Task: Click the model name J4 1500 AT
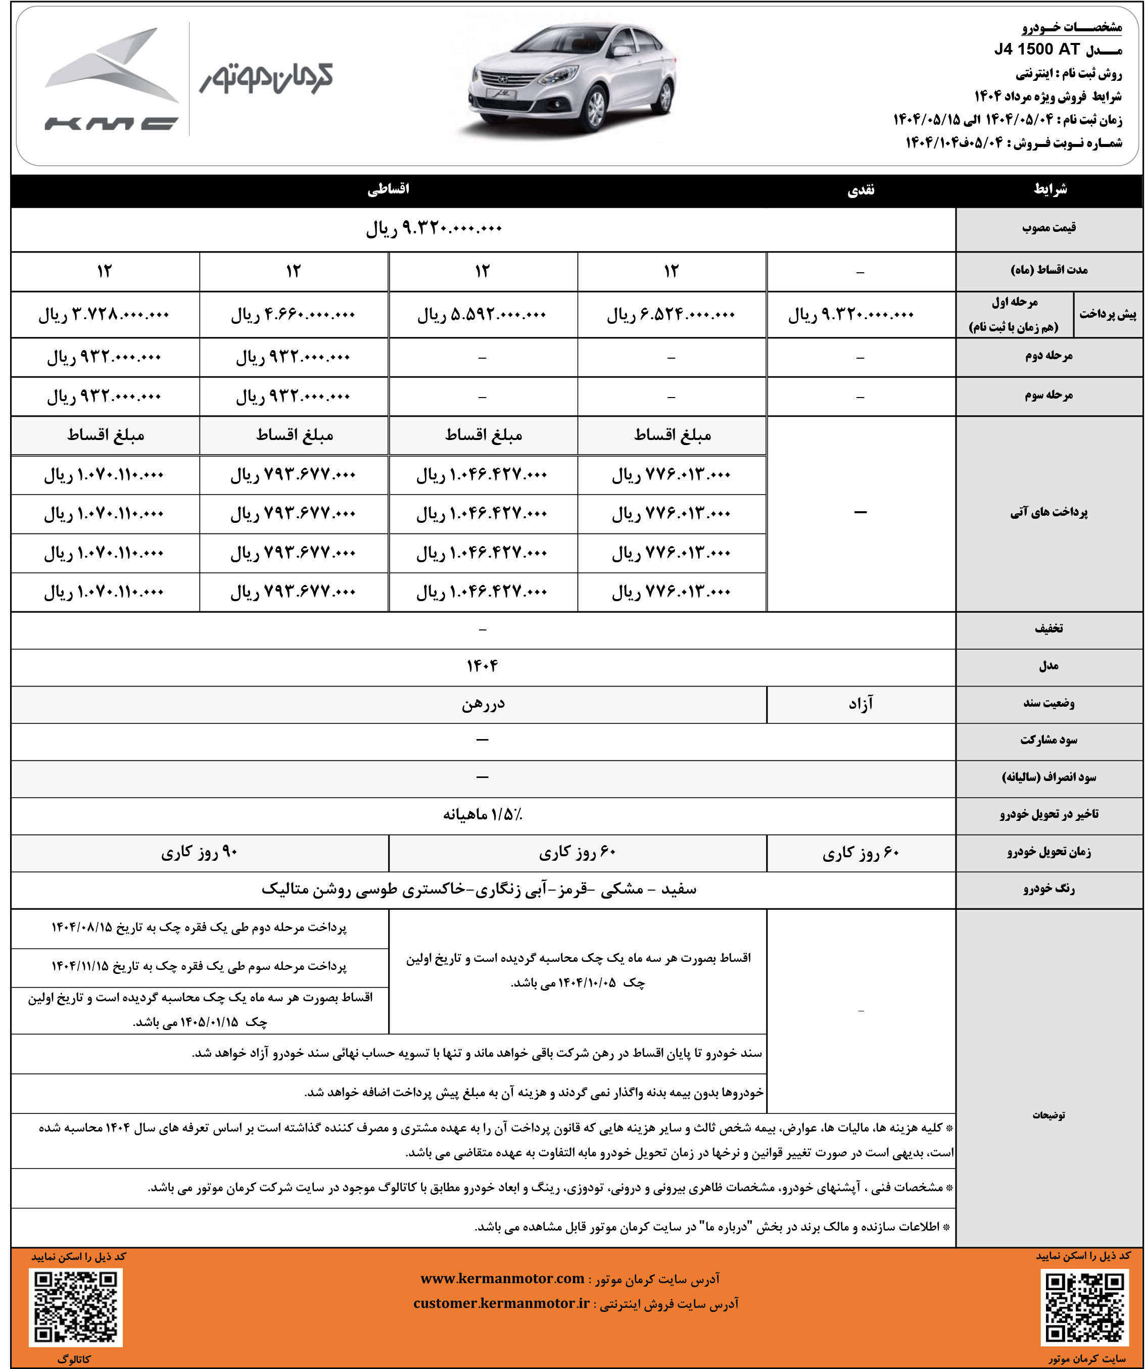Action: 1037,50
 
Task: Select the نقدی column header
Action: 861,190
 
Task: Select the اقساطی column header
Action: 389,189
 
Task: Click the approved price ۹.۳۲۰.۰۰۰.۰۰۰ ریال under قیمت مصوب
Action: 434,229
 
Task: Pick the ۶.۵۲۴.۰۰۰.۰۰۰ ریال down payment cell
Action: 671,315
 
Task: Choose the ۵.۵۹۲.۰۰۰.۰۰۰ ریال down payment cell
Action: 482,315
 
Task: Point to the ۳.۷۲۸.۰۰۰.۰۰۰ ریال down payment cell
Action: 104,315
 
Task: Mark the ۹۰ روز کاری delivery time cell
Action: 199,853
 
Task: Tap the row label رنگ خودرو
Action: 1048,889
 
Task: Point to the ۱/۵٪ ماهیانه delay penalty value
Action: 483,815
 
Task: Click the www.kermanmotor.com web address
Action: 502,1279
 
